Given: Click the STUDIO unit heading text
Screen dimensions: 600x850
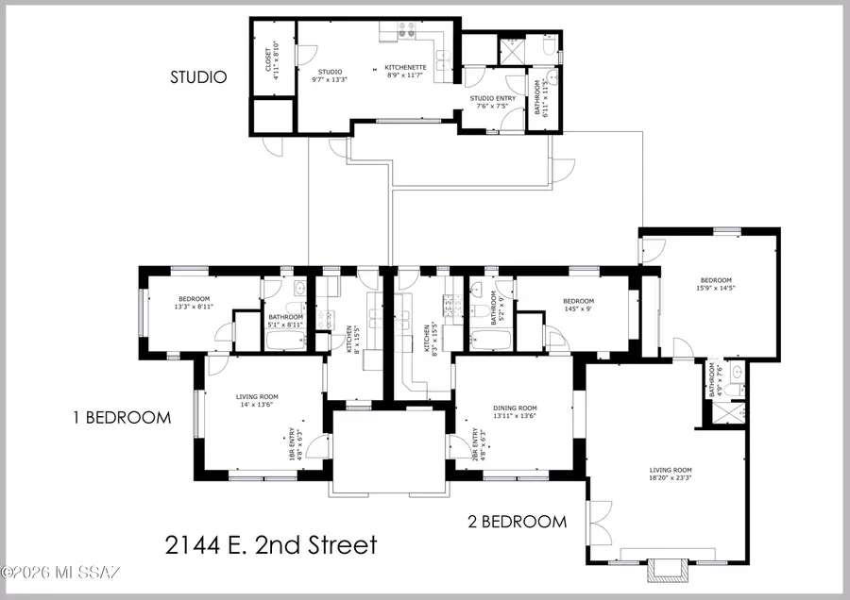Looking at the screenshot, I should (x=197, y=77).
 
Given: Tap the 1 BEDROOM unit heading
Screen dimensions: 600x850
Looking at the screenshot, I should (x=123, y=417).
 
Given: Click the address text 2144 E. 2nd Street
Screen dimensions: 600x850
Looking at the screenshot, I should (x=271, y=544).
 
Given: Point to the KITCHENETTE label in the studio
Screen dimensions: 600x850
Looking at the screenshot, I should (x=406, y=73).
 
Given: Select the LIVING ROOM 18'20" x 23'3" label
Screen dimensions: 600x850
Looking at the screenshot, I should (x=671, y=474).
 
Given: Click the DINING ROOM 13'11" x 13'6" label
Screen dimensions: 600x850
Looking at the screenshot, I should (x=515, y=411).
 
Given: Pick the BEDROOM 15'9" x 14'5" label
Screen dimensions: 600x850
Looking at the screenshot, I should (x=715, y=283).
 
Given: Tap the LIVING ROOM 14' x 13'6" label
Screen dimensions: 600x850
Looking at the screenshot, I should (x=254, y=402).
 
